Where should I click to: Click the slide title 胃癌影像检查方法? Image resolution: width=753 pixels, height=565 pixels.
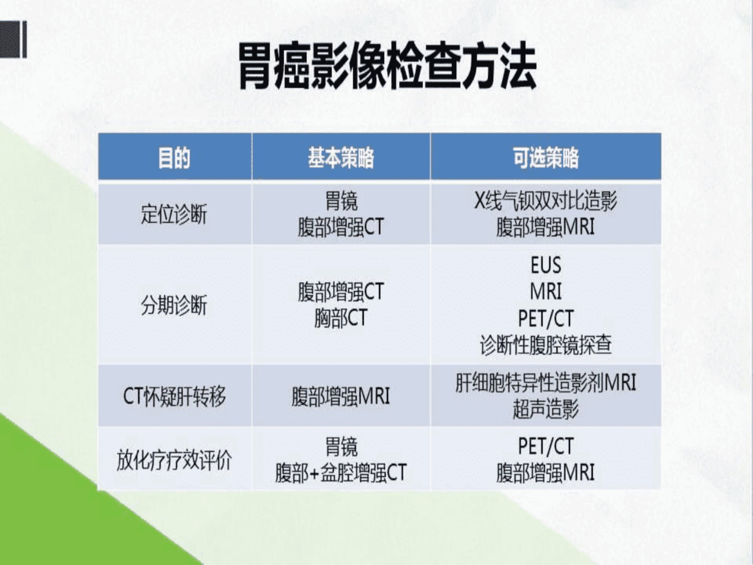pos(387,66)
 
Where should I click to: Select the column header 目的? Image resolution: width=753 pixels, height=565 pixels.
pos(174,158)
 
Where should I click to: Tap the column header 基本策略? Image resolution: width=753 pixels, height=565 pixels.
pos(341,158)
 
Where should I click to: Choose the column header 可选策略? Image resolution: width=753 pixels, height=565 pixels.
pos(546,158)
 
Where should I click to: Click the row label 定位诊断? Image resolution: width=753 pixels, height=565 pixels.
pos(174,214)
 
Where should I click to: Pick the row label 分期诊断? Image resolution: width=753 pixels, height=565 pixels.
pos(174,305)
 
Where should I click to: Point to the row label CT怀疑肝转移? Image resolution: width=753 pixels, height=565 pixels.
pos(175,396)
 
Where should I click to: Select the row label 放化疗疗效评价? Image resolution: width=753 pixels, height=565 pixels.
pos(174,460)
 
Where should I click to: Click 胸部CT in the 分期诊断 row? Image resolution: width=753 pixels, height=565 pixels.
pos(341,317)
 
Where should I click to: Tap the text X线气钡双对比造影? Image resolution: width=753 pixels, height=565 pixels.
pos(546,200)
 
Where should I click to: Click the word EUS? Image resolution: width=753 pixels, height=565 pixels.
pos(546,265)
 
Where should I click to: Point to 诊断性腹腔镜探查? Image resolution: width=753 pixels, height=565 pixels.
pos(546,345)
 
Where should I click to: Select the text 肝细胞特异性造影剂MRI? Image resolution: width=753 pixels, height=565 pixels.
pos(546,383)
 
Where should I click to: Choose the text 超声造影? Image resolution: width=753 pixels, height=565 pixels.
pos(546,409)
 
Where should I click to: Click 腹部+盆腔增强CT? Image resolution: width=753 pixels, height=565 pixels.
pos(341,472)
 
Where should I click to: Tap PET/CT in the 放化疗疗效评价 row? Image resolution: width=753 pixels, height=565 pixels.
pos(546,446)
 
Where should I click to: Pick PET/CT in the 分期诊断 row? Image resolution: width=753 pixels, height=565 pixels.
pos(546,318)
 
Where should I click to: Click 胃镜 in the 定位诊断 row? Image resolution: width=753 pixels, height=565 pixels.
pos(341,200)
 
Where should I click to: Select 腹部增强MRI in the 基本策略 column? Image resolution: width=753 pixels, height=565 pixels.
pos(341,396)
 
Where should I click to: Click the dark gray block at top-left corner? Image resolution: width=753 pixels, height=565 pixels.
pos(13,40)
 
